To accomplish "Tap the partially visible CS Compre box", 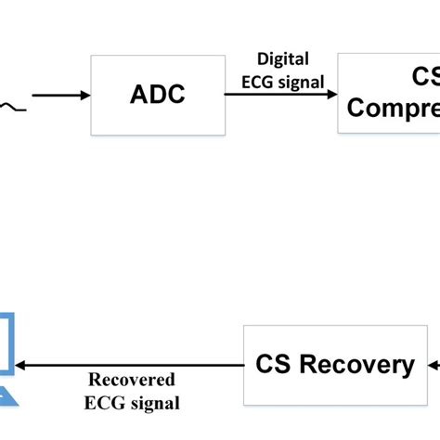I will (389, 93).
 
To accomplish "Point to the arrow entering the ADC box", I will (61, 95).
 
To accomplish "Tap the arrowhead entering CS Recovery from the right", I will (430, 366).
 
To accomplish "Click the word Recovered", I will (133, 381).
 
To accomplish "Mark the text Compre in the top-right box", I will (394, 110).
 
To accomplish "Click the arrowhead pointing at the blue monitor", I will (25, 366).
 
